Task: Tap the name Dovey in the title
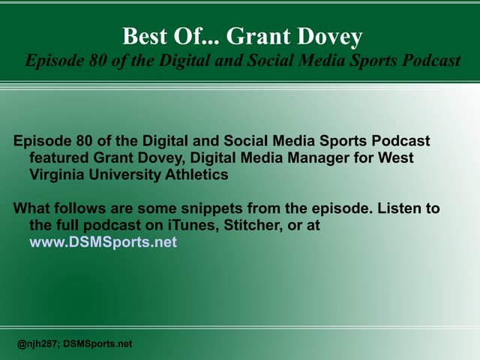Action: [331, 36]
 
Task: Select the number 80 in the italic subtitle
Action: [97, 61]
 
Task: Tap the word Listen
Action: [389, 208]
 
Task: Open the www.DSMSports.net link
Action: [103, 242]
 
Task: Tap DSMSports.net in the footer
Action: [99, 343]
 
